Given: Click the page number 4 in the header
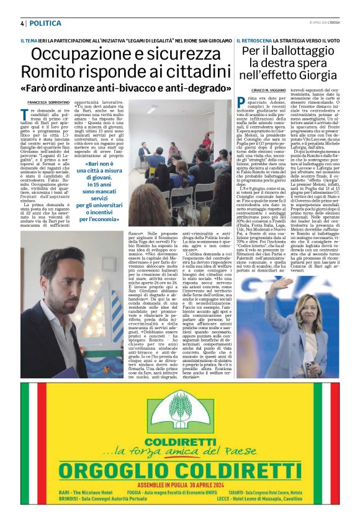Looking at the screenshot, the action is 22,24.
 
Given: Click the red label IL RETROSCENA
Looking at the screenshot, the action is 253,40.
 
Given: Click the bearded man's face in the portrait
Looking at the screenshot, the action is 53,280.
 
